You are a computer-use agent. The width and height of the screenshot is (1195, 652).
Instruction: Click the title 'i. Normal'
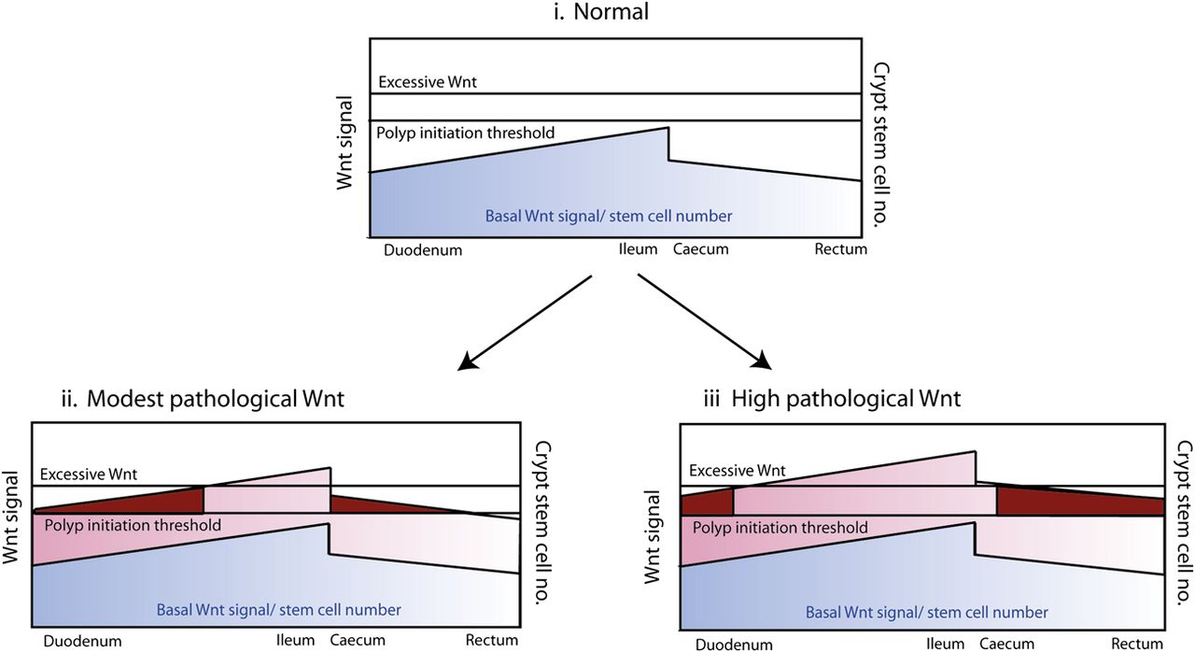tap(600, 12)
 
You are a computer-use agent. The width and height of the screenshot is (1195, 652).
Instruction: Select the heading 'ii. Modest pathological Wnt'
tap(203, 399)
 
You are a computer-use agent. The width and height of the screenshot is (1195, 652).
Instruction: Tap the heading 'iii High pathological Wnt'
tap(832, 399)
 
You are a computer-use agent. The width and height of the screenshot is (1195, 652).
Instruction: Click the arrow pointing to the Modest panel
tap(525, 323)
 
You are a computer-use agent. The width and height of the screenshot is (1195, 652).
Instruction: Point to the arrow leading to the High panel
tap(705, 321)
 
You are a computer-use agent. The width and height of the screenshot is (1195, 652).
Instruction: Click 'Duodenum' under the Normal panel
tap(423, 250)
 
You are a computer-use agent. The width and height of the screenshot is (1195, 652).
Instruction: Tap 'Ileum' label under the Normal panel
tap(638, 249)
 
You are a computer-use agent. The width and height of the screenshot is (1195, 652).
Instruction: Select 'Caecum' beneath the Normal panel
tap(701, 249)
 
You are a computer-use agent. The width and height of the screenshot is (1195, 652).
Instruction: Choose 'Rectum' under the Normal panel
tap(841, 249)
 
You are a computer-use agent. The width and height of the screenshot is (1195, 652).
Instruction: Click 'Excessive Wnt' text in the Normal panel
tap(428, 82)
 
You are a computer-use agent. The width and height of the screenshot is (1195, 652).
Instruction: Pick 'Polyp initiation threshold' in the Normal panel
tap(465, 133)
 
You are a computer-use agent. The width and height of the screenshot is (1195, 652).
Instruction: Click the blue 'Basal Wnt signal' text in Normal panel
tap(608, 216)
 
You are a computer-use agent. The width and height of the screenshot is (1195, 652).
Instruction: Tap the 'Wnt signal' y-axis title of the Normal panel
tap(344, 143)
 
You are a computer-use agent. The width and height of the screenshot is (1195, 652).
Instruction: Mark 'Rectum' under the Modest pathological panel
tap(492, 640)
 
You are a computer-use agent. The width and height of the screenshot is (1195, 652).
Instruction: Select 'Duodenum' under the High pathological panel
tap(734, 645)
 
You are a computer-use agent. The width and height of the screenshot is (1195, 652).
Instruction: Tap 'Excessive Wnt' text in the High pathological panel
tap(738, 471)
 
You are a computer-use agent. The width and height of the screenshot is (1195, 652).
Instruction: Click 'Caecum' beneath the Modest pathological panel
tap(358, 640)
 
